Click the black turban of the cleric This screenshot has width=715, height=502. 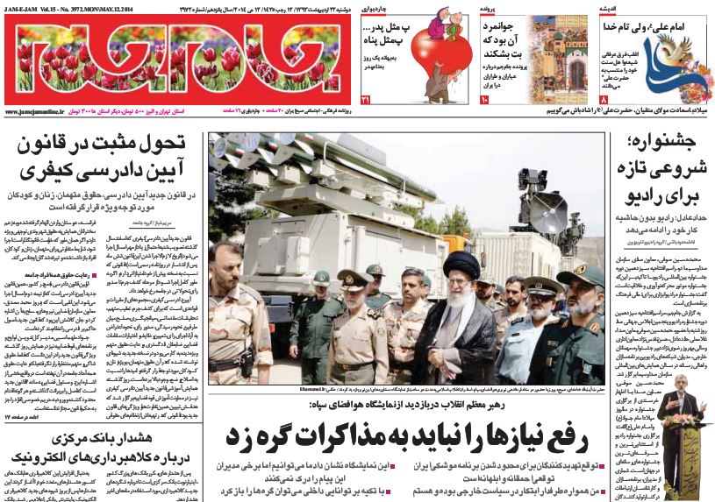pos(458,262)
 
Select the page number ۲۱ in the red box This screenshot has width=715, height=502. pos(366,103)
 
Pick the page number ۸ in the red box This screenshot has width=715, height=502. pos(605,103)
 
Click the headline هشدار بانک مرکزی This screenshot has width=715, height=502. pos(104,447)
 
